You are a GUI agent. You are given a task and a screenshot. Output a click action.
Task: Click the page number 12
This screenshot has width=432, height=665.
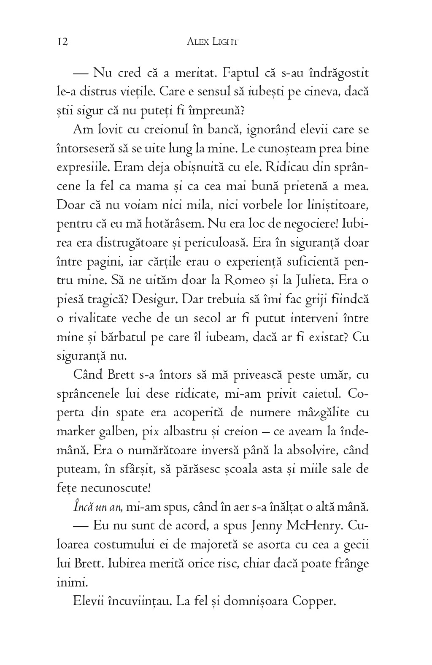(x=62, y=42)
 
